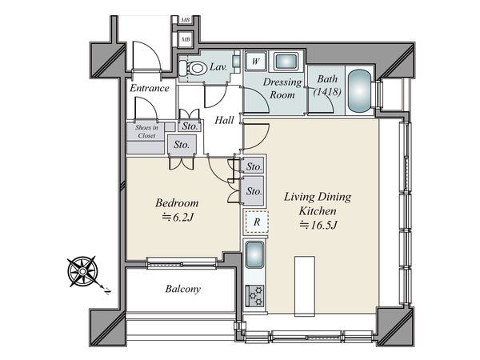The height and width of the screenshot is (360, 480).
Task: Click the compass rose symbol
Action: pos(82,271)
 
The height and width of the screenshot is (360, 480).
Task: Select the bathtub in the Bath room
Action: pos(359,91)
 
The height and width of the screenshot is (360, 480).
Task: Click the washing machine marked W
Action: pos(256,61)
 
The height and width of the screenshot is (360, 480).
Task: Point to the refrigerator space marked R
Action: pos(257,222)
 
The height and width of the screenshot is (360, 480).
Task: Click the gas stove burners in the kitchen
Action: pos(255,295)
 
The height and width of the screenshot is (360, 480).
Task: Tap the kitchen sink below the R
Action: pos(254,254)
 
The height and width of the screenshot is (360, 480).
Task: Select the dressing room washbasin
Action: pos(286,62)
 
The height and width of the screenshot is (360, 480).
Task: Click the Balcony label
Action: pos(182,289)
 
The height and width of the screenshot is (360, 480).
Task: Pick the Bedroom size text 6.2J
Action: pos(178,218)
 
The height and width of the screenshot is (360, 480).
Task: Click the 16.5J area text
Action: pos(318,226)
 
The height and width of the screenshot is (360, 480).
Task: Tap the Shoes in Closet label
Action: pos(146,131)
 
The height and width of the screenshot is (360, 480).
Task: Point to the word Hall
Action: pos(224,120)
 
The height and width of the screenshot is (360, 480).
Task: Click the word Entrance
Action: pos(150,88)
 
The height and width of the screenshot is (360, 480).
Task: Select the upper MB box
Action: pos(185,20)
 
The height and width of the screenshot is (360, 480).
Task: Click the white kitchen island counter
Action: pos(305,286)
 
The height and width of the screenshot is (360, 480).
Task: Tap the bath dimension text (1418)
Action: pos(327,91)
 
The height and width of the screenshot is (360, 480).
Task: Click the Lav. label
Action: pos(218,66)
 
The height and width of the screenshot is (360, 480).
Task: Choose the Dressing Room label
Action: pos(282,89)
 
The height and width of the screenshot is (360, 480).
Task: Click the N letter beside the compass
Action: pos(107,291)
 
